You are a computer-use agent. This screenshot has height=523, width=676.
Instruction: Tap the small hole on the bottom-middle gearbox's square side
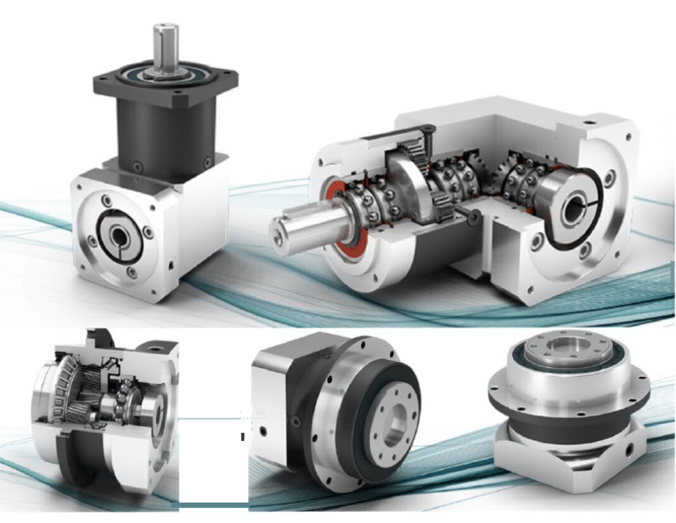(x=263, y=431)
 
